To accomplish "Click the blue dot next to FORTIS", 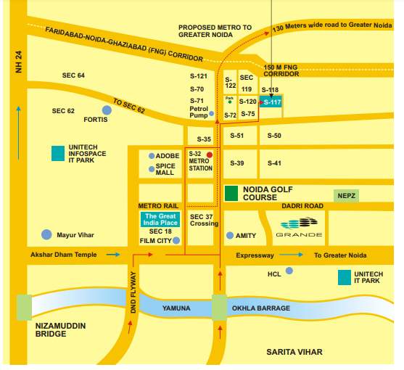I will click(107, 110).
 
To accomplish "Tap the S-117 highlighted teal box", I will click(271, 102).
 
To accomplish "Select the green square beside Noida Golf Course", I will click(231, 193).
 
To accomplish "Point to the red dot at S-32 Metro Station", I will click(209, 155).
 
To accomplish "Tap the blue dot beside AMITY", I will click(230, 236).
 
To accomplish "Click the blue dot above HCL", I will click(289, 271).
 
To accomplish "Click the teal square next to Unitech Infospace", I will click(57, 153).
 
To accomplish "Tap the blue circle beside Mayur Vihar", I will click(46, 234).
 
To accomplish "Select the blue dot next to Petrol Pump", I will click(211, 113).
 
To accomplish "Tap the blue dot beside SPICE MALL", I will click(151, 168).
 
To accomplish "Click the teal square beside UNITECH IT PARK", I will click(345, 277).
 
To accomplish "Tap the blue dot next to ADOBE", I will click(151, 156).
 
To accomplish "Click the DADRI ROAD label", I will click(302, 206).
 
